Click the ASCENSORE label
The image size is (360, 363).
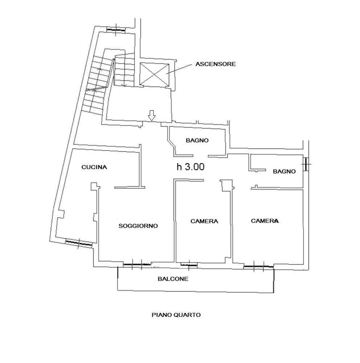coord(215,64)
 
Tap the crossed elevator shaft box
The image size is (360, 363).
coord(154,74)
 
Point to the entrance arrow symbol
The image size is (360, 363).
coord(152,115)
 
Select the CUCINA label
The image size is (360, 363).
coord(94,167)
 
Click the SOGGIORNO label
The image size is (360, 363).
coord(138,226)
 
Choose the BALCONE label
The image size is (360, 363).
coord(173,279)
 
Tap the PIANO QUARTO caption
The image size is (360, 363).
coord(176,315)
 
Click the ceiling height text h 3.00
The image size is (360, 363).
coord(191,167)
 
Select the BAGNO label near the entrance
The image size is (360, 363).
coord(197,140)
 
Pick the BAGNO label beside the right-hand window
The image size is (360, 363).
coord(284,171)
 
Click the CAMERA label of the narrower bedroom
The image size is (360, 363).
coord(204,221)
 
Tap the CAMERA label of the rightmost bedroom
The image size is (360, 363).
coord(265,221)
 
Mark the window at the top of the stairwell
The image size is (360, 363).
coord(116,30)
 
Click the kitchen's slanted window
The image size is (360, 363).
coord(79,243)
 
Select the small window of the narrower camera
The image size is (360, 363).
coord(189,264)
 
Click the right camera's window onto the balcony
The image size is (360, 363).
coord(258,267)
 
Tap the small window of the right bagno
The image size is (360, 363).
coord(306,164)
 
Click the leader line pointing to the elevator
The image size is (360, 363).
coord(179,69)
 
